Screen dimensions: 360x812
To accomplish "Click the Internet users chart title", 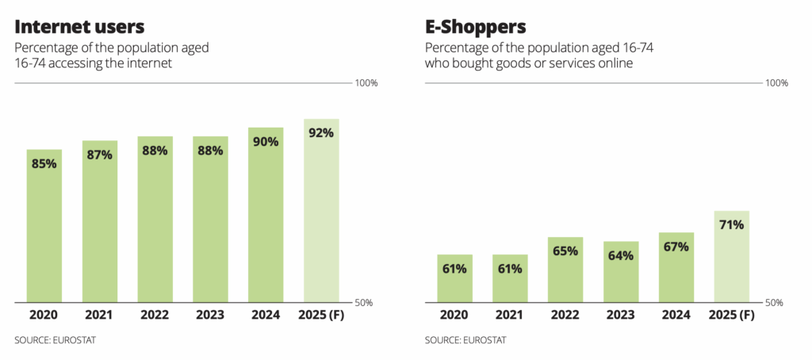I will coord(79,25).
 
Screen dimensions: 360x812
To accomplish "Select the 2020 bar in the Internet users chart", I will coord(44,230).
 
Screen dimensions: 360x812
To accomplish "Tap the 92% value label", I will coord(321,132).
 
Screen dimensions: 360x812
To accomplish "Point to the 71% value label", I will coord(732,224).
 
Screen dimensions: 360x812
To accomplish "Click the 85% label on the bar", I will coord(44,163).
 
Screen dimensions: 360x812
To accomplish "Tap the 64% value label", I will coord(621,255).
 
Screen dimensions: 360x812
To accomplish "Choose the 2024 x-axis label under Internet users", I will coord(266,315).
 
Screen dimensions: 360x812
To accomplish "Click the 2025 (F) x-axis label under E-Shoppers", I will coord(732,315).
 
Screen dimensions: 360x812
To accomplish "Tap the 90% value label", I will coord(266,141).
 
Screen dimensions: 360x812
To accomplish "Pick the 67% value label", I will coord(676,247).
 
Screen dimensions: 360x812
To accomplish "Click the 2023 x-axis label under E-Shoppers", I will coord(621,315).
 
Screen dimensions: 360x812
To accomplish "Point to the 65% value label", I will coord(565,251).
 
